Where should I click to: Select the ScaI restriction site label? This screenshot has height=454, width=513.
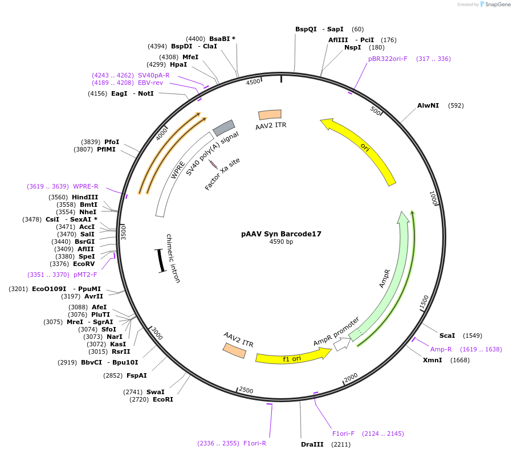(x=447, y=336)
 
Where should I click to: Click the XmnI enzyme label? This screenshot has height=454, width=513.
(x=432, y=360)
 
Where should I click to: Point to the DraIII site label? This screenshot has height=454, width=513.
(x=312, y=444)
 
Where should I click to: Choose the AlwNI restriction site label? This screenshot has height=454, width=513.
(x=428, y=105)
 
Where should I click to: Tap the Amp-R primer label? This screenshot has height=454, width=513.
(x=441, y=349)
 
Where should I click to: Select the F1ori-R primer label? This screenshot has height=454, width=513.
(x=255, y=443)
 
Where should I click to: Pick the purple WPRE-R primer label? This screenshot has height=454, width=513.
(x=85, y=186)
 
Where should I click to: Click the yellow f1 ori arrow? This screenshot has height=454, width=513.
(x=292, y=357)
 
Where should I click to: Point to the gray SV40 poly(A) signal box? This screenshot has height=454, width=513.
(x=224, y=128)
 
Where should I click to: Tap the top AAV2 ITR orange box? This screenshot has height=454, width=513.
(x=270, y=114)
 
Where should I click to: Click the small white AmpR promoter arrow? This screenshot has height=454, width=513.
(x=341, y=344)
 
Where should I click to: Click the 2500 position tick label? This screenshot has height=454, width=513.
(x=246, y=390)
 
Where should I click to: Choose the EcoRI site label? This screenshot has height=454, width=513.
(x=163, y=399)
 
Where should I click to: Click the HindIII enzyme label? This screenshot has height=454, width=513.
(x=84, y=197)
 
